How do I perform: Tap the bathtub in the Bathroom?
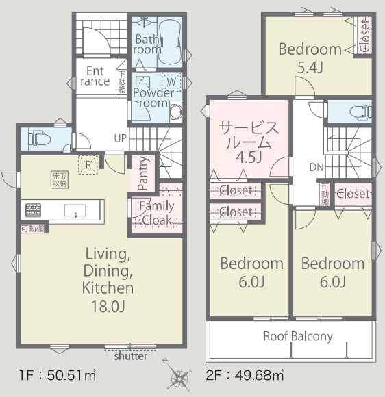[170, 41]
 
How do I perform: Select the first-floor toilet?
[40, 139]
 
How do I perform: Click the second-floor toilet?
[360, 112]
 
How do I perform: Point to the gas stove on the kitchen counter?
[33, 210]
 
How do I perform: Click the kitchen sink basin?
[75, 211]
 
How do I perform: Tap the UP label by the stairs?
[120, 138]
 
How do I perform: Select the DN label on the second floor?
[316, 167]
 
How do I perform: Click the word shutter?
[131, 356]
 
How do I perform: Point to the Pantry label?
[143, 173]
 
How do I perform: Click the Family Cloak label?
[157, 213]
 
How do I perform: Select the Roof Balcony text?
[298, 336]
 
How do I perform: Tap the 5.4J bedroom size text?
[310, 67]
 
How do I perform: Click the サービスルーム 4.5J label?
[249, 142]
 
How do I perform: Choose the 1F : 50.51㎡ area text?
[58, 374]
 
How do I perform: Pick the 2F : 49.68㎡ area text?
[245, 374]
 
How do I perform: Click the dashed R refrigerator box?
[88, 165]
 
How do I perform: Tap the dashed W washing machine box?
[171, 81]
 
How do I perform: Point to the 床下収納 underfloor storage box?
[60, 179]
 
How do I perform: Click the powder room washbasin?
[176, 112]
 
